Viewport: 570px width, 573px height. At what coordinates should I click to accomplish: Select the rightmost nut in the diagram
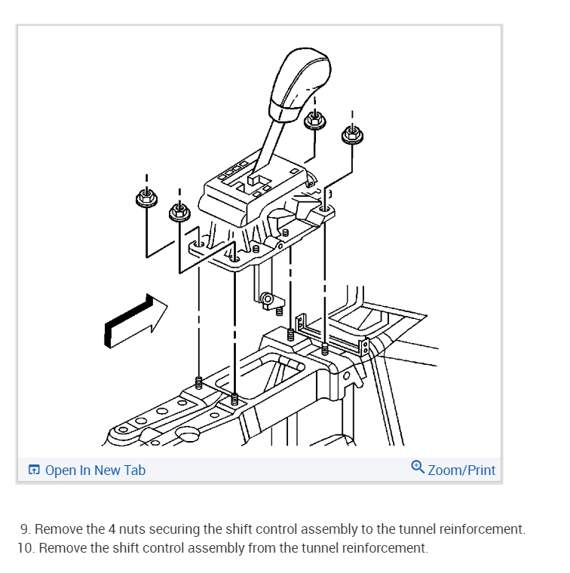[351, 134]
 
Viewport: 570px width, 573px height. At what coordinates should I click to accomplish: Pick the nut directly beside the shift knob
[314, 120]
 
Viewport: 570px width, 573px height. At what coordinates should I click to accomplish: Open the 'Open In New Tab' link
[95, 470]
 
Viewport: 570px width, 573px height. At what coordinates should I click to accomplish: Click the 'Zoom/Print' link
[461, 470]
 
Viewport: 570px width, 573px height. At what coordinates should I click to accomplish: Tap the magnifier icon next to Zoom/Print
[418, 467]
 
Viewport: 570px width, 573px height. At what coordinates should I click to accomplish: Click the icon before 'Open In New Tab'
[34, 470]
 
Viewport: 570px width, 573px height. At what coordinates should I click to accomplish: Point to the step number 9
[25, 529]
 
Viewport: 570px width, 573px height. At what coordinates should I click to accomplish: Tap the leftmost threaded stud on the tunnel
[199, 382]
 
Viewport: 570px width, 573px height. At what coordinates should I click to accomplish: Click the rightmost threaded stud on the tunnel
[325, 350]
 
